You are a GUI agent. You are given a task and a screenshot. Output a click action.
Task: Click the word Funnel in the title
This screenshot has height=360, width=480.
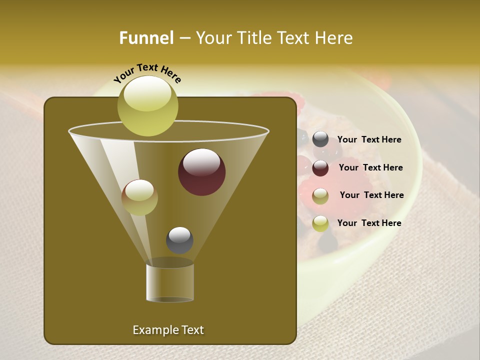click(x=146, y=38)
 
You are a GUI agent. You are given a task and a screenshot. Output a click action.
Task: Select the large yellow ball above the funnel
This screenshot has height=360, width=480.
click(x=147, y=106)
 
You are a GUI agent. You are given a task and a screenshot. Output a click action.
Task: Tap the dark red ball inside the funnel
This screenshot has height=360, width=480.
click(x=201, y=172)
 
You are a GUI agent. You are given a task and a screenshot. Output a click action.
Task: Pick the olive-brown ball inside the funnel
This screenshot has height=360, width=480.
click(x=139, y=197)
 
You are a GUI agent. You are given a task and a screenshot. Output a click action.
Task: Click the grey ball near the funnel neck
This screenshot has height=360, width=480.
click(x=179, y=240)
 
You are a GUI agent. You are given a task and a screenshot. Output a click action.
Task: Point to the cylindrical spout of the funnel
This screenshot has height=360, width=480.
click(x=170, y=282)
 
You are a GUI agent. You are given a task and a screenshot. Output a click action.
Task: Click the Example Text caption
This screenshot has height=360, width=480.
click(x=168, y=330)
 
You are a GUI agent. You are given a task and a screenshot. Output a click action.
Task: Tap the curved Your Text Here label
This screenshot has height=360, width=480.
click(x=147, y=73)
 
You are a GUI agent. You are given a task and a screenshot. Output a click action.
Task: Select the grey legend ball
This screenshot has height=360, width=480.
click(x=320, y=139)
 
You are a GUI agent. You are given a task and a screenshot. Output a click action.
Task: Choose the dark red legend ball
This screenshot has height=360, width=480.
click(x=320, y=168)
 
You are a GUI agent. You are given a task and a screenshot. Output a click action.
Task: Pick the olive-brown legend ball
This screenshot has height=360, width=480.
click(x=320, y=196)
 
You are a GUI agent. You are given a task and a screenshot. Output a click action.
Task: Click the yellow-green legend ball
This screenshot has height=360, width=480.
click(x=320, y=223)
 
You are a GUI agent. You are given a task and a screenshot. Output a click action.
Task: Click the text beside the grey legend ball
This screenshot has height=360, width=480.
click(x=369, y=140)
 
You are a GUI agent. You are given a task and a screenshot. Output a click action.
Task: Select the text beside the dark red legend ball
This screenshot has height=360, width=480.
click(x=370, y=168)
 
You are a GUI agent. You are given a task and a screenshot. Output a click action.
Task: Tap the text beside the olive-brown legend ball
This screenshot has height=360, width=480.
click(x=371, y=195)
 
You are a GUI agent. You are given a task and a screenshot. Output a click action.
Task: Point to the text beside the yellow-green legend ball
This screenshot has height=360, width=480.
click(x=369, y=223)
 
